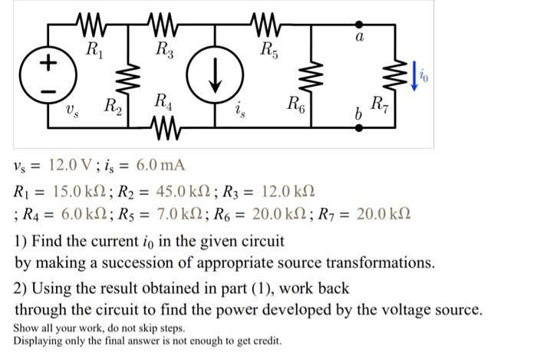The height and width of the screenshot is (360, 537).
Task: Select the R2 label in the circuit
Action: tap(112, 105)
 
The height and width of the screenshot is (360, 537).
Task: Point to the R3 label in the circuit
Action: tap(163, 53)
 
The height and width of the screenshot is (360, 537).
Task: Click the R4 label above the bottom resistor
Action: tap(163, 101)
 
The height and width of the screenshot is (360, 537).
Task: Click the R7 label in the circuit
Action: tap(379, 104)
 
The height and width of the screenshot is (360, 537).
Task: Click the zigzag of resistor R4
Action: tap(165, 124)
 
